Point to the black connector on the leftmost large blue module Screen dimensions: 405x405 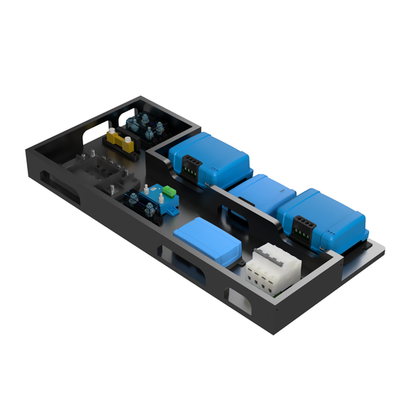(x=194, y=169)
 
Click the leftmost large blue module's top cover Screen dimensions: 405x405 (x=213, y=151)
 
